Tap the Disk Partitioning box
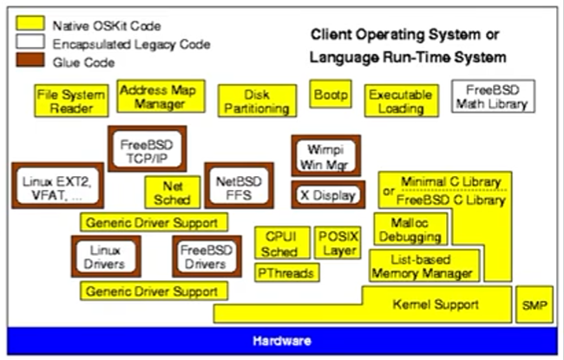(254, 101)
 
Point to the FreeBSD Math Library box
(493, 97)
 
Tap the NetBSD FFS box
(232, 185)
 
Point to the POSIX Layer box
(336, 243)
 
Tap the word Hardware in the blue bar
(282, 341)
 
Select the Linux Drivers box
(107, 256)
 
